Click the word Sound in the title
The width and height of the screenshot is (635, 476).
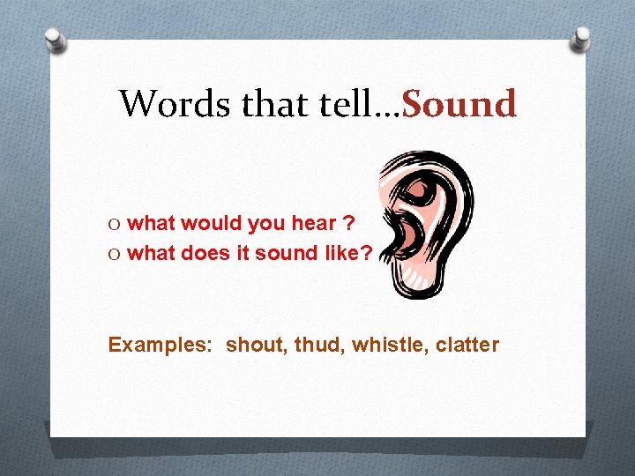[x=459, y=104]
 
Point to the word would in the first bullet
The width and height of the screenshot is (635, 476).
[x=211, y=224]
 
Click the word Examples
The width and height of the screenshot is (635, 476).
[x=159, y=345]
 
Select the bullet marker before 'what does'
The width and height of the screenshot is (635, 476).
[x=116, y=254]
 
